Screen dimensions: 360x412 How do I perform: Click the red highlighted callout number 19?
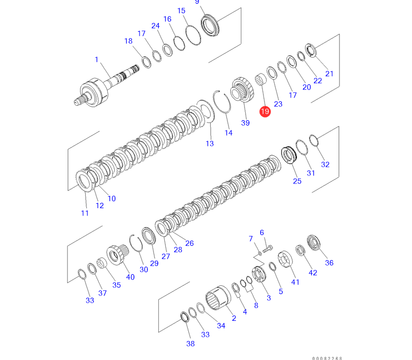point(265,112)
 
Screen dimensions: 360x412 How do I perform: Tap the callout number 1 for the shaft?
point(97,60)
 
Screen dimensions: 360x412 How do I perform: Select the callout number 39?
point(245,123)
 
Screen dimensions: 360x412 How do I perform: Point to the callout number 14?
point(229,133)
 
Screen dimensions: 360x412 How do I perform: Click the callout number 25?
point(297,181)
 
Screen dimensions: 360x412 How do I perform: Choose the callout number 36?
point(329,263)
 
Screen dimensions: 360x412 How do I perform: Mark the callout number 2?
point(234,318)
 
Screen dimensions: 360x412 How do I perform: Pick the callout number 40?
point(130,277)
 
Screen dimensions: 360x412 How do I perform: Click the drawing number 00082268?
point(327,357)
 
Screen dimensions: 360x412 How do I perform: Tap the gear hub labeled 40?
point(116,253)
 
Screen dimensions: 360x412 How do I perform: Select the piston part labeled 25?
point(290,155)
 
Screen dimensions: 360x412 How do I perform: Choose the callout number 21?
point(329,74)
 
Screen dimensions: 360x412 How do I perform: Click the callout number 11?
point(85,213)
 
